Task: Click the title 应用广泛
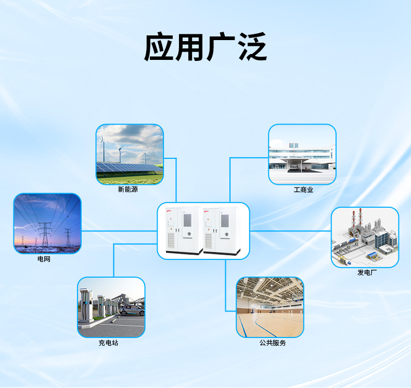coord(205,47)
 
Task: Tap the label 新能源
coord(127,189)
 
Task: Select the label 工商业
coord(303,190)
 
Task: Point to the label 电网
coord(44,259)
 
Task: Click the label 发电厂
coord(367,272)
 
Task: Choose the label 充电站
coord(108,343)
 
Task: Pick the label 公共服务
coord(273,343)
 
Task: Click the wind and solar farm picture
coord(130,155)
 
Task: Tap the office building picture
coord(302,155)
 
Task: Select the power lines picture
coord(47,223)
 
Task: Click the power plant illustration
coord(365,237)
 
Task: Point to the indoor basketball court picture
coord(270,307)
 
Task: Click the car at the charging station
coord(132,310)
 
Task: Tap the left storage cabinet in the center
coord(184,230)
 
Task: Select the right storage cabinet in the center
coord(222,230)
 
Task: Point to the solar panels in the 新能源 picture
coord(129,168)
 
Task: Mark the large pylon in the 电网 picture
coord(45,234)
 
